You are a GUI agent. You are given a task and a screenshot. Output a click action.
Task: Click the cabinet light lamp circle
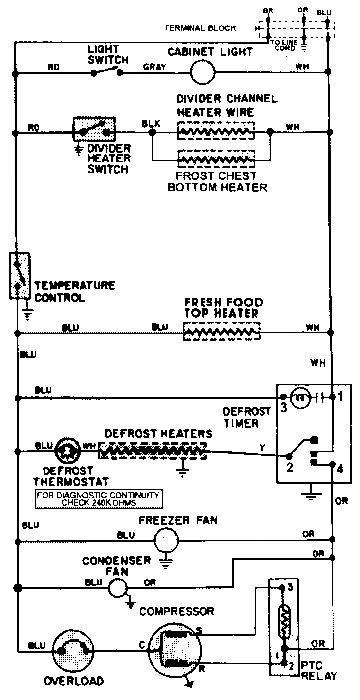[203, 72]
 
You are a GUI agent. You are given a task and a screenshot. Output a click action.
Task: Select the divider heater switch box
[94, 129]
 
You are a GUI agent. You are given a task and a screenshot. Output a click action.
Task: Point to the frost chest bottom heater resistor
[216, 160]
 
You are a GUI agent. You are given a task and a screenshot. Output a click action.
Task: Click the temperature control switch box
[20, 275]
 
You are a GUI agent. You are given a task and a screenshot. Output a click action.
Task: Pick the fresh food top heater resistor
[221, 331]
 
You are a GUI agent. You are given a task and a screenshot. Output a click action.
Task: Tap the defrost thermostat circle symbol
[68, 451]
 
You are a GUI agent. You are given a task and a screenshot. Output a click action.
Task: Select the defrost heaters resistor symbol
[152, 451]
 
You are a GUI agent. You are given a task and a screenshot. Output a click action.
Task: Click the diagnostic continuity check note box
[99, 499]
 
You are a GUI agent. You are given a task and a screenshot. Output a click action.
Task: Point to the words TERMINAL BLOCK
[201, 28]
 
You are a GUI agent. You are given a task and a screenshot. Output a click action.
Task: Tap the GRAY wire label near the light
[154, 67]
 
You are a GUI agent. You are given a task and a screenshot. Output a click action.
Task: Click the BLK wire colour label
[151, 124]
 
